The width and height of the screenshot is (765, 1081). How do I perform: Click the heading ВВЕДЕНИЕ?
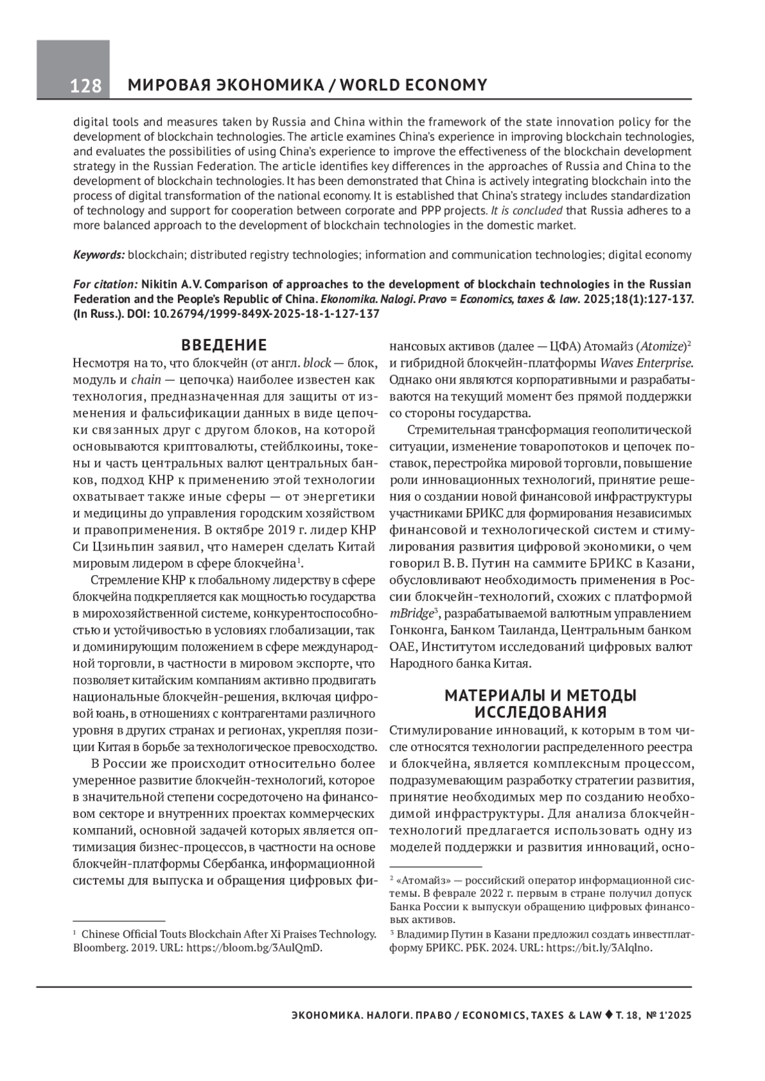[224, 346]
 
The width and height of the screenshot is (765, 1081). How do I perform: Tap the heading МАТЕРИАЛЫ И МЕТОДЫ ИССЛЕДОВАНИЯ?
[541, 703]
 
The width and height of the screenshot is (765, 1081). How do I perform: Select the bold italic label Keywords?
[99, 255]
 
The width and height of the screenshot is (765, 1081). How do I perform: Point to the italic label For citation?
[105, 283]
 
